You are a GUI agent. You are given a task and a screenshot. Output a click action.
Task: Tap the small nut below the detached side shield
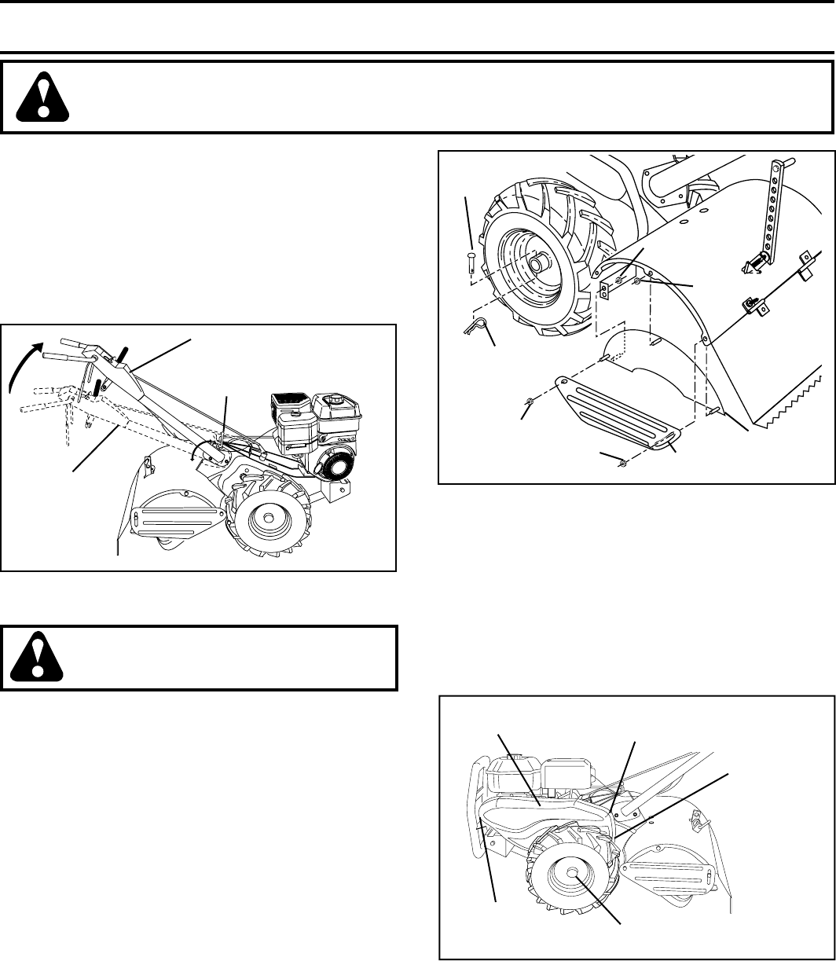point(623,462)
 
